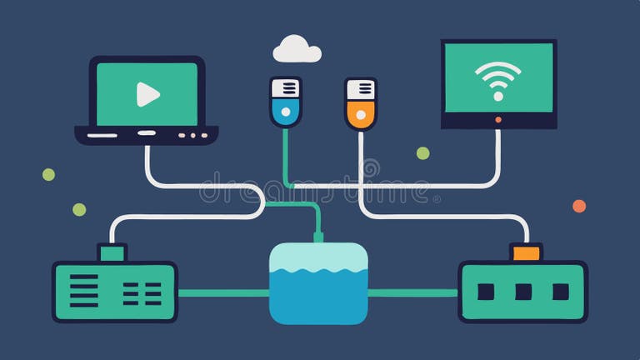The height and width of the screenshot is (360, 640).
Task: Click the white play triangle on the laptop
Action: (x=147, y=94)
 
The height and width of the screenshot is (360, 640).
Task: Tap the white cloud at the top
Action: (x=297, y=49)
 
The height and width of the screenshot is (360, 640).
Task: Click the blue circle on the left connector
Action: (x=285, y=110)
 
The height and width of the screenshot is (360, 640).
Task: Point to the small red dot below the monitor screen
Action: (x=498, y=120)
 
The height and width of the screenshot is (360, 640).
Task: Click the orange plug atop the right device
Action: (x=526, y=252)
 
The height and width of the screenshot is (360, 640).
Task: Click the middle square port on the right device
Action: (x=523, y=292)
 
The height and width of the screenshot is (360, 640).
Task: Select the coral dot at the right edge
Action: (x=579, y=206)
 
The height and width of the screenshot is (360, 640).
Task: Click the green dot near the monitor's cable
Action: (x=422, y=153)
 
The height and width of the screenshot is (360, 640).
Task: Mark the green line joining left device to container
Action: (x=222, y=292)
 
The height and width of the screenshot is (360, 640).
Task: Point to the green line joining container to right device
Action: (x=412, y=292)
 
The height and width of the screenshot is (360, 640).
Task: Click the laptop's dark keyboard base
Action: (x=146, y=133)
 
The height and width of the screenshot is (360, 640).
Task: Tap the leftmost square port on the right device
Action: (x=486, y=292)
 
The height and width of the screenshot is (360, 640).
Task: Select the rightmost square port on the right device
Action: (x=560, y=292)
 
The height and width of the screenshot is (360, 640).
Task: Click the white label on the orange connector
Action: (x=360, y=88)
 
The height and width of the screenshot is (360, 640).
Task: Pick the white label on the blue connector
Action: (x=285, y=87)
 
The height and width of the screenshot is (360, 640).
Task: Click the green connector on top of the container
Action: (x=318, y=237)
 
